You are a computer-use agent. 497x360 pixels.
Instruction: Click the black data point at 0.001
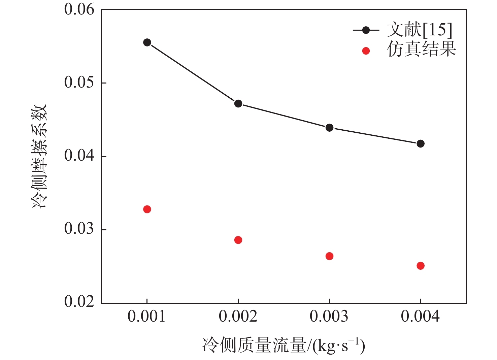147,42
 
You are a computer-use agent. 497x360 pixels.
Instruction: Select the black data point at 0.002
238,103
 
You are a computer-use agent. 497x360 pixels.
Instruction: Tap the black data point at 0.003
329,128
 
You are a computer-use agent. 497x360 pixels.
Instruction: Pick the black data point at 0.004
421,143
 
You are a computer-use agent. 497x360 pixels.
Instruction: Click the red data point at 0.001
147,209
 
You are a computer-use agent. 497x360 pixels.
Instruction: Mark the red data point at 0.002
238,240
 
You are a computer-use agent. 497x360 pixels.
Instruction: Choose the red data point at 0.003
329,256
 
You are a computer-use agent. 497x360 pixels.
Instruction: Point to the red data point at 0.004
421,266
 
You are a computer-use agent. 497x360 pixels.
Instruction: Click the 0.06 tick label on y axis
79,9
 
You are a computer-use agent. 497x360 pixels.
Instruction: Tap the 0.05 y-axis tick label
79,83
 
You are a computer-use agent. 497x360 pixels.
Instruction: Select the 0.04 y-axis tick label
79,156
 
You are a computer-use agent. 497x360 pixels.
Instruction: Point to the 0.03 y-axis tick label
79,229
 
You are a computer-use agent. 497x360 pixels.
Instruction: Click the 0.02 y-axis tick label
79,301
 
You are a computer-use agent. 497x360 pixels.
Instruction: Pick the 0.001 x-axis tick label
146,317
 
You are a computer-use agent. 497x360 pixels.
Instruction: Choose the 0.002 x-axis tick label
238,317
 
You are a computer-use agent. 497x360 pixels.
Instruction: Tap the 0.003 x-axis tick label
329,317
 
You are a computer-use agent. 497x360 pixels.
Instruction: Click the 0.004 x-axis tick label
420,317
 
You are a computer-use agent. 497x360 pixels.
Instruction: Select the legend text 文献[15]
419,30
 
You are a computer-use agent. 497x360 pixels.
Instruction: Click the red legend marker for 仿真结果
366,51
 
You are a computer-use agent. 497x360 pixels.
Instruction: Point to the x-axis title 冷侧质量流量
255,346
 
